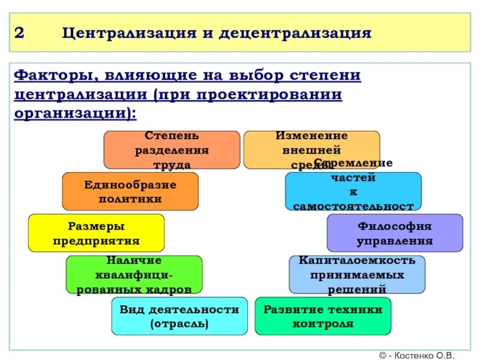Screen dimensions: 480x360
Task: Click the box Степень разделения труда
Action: pyautogui.click(x=172, y=150)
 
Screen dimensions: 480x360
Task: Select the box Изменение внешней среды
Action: pyautogui.click(x=311, y=150)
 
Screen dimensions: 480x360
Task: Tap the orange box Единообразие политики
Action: pyautogui.click(x=130, y=191)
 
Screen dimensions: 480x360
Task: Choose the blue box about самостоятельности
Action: pyautogui.click(x=353, y=191)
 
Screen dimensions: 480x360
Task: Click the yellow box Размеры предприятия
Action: pyautogui.click(x=96, y=233)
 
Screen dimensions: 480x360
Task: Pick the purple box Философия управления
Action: pyautogui.click(x=395, y=233)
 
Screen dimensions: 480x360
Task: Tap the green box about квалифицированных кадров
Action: pyautogui.click(x=134, y=274)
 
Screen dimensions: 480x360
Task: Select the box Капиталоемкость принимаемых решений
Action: pyautogui.click(x=357, y=274)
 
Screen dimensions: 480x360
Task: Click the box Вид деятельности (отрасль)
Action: pyautogui.click(x=179, y=316)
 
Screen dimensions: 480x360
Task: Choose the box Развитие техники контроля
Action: pyautogui.click(x=323, y=316)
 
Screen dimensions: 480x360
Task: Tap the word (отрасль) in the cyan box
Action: pyautogui.click(x=179, y=323)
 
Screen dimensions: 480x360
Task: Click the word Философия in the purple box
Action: pyautogui.click(x=395, y=226)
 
